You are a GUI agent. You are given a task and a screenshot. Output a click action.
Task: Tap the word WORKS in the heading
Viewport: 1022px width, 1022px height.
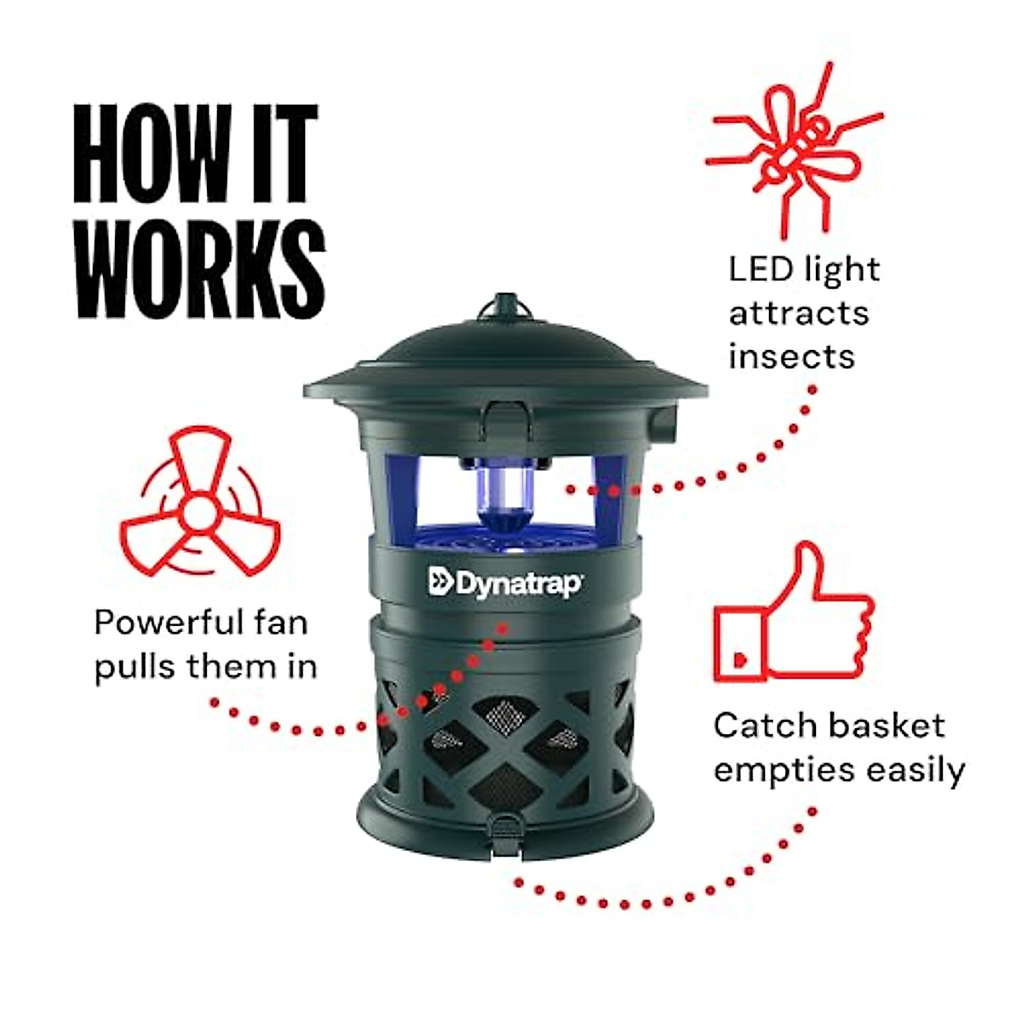point(200,268)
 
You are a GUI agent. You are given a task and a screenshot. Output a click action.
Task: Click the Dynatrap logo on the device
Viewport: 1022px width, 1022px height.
point(505,583)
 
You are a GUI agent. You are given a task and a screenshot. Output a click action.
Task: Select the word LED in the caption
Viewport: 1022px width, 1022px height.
point(760,270)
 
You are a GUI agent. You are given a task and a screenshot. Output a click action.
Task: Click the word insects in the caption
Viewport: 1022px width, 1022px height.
point(791,356)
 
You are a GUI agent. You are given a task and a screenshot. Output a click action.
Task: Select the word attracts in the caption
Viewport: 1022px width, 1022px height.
point(798,313)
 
